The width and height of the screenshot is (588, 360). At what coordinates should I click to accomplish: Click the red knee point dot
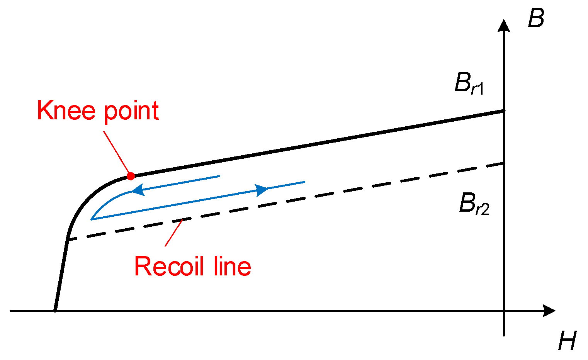131,176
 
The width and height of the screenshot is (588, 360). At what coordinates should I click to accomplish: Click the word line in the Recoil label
232,267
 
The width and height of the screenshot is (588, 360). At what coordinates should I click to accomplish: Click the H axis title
567,341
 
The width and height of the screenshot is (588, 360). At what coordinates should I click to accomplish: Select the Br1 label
469,84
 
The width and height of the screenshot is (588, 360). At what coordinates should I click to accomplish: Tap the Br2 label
474,204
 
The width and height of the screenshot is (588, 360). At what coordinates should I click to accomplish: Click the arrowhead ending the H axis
549,311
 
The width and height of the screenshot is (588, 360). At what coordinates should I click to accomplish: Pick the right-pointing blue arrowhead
262,190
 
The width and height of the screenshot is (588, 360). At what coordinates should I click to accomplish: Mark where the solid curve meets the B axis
504,111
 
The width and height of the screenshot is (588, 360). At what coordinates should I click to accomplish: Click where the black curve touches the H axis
55,310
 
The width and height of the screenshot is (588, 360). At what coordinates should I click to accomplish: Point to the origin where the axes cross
504,311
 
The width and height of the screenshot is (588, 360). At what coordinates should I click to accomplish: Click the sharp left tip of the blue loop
92,219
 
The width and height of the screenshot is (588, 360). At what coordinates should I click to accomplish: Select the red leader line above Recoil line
173,233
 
